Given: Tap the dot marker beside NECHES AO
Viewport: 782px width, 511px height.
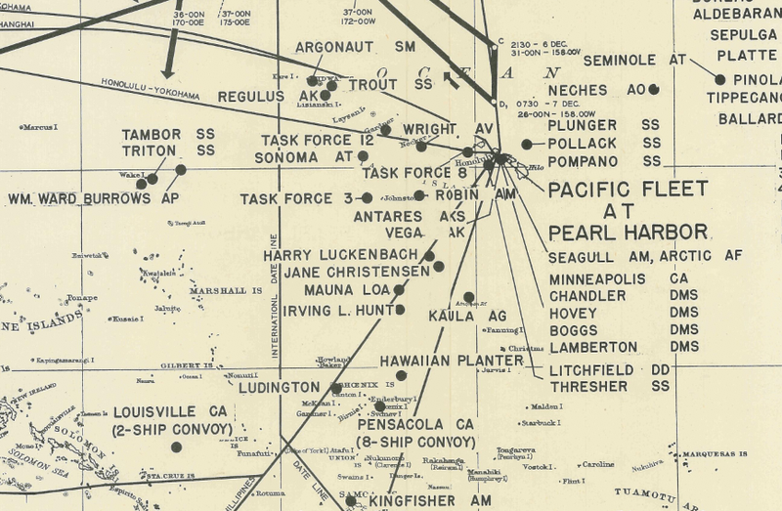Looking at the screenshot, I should pos(654,90).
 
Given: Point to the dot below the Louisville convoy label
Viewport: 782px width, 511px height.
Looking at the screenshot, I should pos(176,447).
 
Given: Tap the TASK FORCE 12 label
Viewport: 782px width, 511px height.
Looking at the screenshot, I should pos(318,141).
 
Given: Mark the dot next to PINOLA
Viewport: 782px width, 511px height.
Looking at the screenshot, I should pos(720,79).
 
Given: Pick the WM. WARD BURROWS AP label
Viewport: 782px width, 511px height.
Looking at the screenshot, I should pos(93,198).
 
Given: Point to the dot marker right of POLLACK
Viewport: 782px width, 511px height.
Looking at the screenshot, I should pos(527,144).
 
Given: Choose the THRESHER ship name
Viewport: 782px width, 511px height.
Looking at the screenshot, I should pos(587,387).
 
